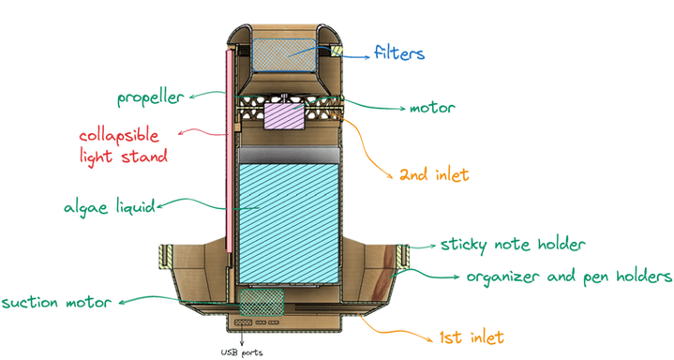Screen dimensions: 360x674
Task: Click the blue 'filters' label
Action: (399, 52)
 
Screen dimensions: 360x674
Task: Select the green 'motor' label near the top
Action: (432, 107)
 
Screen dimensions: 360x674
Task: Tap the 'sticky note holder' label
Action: (512, 245)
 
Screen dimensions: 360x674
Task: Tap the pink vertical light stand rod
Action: (231, 150)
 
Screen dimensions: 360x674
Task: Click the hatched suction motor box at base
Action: (262, 301)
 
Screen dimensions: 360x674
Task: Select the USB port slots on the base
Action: (262, 322)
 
